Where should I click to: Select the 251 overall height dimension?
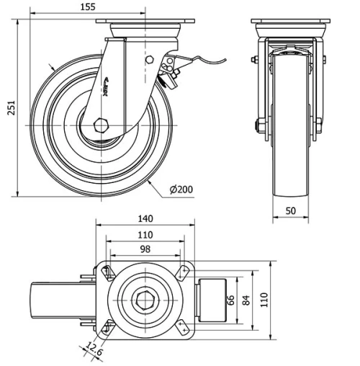pos(8,108)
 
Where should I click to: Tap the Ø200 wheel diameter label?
pos(183,189)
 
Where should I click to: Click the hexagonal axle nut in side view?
pos(100,124)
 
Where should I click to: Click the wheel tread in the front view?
pos(290,144)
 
